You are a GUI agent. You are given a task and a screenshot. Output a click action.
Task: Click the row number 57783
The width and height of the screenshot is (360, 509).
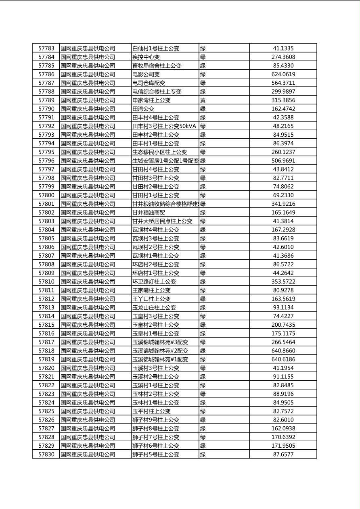point(46,48)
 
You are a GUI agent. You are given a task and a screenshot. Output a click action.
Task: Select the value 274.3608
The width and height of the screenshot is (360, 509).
point(283,57)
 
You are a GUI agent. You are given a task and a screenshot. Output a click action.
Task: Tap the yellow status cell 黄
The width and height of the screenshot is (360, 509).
point(203,100)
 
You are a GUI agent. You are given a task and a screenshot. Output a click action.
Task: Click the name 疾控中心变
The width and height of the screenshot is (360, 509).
point(146,57)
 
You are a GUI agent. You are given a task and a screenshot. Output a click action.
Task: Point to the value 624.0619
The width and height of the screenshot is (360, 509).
point(283,74)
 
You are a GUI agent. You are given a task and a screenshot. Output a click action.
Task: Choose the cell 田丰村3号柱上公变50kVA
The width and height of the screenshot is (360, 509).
point(164,126)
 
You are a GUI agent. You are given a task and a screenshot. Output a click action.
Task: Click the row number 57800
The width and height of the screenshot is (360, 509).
point(46,195)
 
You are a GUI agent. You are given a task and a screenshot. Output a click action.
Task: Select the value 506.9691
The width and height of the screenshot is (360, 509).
point(283,161)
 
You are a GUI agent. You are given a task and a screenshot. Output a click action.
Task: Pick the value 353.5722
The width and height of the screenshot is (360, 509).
point(283,282)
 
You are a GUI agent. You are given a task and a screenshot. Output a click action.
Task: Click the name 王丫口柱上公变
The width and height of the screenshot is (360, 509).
point(152,299)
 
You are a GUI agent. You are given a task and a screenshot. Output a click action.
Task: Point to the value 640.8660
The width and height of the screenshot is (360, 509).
point(283,350)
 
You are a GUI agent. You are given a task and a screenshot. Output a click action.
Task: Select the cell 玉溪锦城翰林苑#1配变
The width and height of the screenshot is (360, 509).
point(160,359)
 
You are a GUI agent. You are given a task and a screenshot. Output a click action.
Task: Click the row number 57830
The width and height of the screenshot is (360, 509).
point(46,454)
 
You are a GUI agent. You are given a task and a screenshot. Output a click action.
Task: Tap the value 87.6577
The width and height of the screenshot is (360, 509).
point(283,454)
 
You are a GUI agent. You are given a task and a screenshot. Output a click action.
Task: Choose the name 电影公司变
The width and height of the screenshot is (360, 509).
point(146,74)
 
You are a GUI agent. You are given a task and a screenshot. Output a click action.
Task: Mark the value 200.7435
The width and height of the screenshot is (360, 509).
point(283,325)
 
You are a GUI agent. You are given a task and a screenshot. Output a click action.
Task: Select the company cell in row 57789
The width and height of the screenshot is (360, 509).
point(88,100)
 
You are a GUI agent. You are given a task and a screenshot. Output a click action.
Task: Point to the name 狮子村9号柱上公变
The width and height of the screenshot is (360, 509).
point(156,420)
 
